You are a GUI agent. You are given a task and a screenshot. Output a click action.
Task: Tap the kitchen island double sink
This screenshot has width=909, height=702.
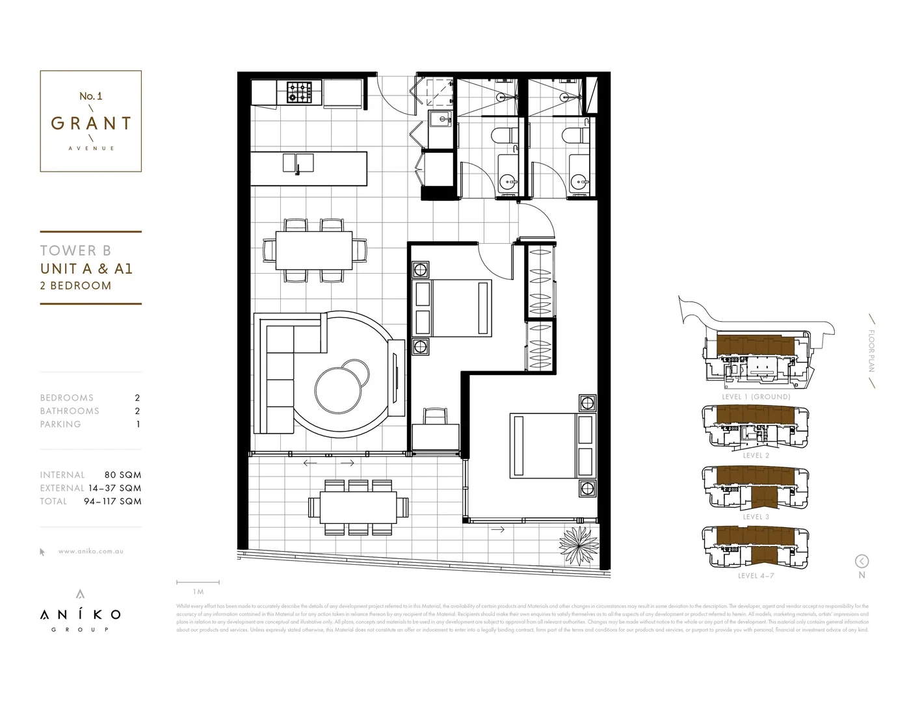298,162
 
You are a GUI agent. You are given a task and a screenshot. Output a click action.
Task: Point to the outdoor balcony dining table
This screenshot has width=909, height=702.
358,507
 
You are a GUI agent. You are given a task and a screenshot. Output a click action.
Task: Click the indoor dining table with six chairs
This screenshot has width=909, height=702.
314,250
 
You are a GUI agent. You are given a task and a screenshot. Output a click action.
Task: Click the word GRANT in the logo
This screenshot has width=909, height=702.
91,123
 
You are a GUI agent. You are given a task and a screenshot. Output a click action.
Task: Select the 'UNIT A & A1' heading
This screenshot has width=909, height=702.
86,268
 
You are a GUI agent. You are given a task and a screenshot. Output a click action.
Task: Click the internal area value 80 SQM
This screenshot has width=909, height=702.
122,475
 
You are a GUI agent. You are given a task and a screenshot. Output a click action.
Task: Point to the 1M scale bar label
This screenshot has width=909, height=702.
198,591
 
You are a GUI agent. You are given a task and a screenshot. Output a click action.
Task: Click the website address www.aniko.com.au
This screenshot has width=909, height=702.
91,551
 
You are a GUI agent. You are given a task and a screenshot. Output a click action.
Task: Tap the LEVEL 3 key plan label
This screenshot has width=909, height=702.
756,517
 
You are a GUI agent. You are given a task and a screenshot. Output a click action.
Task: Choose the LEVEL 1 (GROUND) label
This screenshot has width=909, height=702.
756,396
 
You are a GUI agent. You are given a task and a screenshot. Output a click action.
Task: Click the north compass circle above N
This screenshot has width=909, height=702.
862,561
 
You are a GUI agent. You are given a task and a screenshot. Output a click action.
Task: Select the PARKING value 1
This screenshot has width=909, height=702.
138,424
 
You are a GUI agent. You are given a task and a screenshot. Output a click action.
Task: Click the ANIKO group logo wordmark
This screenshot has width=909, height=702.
80,614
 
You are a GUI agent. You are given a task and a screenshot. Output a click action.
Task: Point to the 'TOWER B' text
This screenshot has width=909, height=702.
75,250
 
